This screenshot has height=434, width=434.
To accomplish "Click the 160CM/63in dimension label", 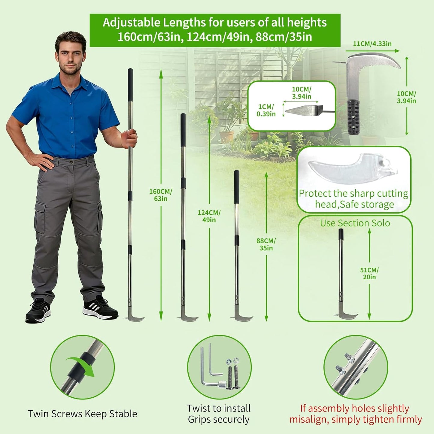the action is [x=161, y=195].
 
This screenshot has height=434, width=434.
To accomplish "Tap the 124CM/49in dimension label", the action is [x=209, y=216].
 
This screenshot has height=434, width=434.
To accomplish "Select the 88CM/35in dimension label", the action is [x=266, y=244].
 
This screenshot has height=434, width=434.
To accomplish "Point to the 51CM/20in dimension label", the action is [x=369, y=273].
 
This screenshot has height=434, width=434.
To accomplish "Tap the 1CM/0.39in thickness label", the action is [x=266, y=110].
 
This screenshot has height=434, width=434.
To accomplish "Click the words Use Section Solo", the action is [x=355, y=223].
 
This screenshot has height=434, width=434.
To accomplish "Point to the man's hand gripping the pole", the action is [x=129, y=138].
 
